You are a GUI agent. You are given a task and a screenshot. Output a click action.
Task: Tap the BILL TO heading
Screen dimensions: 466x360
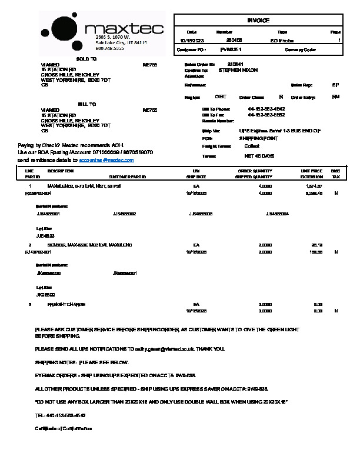(x=86, y=104)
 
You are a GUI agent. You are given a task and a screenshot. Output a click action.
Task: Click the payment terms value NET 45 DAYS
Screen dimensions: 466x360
(x=259, y=156)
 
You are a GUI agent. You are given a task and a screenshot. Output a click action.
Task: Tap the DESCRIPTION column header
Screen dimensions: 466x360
(x=60, y=171)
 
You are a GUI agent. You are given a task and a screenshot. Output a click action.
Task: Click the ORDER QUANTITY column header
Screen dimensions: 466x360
(x=254, y=171)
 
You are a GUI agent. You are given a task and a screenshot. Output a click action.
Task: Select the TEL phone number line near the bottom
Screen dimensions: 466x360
(x=56, y=415)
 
